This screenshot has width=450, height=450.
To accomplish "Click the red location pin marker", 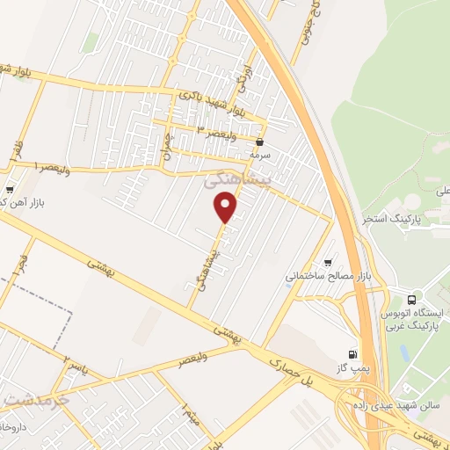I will pos(226,207).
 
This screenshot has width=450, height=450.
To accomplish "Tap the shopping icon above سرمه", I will pos(259,141).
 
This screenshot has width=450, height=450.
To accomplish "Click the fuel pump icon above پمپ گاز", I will pos(353,352).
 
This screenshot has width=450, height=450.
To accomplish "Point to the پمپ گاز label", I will pos(351,367).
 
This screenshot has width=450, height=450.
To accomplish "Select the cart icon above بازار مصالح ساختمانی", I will pos(329,261).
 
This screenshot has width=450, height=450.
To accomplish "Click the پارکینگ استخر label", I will pos(393,217).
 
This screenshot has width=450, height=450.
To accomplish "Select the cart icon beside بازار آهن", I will pos(9,189).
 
